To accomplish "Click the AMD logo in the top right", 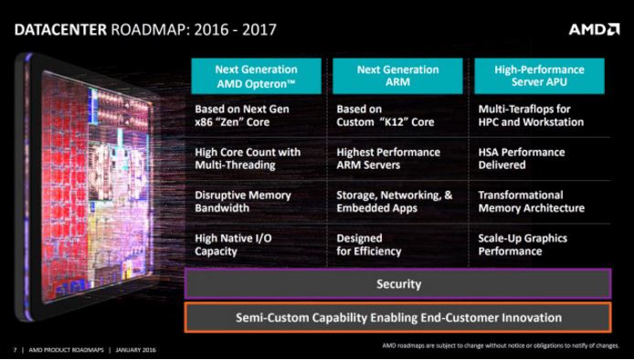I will tap(594, 29).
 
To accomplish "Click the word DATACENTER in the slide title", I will tap(59, 30).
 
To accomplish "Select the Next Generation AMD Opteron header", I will tap(256, 77).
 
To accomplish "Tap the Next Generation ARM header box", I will tap(397, 77).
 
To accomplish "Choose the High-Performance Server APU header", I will tap(540, 77).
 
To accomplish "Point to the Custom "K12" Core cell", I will tap(385, 115).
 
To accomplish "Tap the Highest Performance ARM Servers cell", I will tap(388, 158).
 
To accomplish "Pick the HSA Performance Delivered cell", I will tap(522, 158).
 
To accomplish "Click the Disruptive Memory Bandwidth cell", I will tap(243, 201).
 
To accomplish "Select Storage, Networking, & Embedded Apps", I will tap(395, 201).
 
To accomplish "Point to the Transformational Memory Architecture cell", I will tap(532, 201).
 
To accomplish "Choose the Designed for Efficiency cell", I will tap(369, 244).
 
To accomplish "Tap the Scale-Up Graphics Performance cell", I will tap(523, 244).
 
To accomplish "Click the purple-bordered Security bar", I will tap(398, 284).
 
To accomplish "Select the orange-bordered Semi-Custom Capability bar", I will tap(398, 317).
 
